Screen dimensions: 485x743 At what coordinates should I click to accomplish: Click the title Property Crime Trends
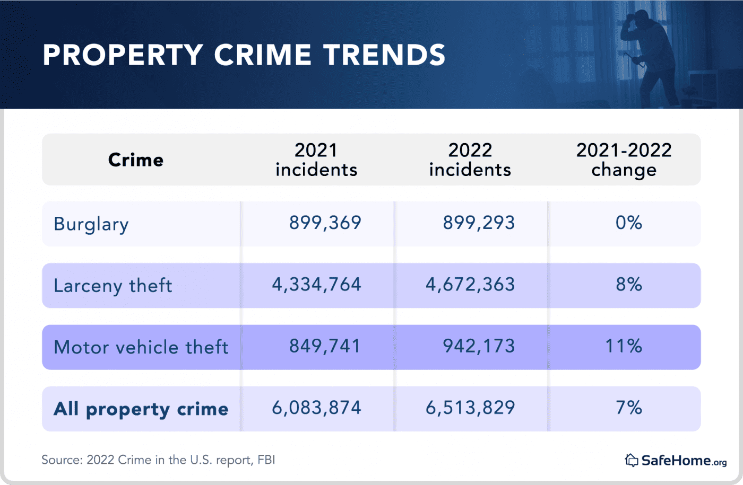tap(244, 55)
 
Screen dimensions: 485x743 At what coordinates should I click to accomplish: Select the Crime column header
tap(136, 160)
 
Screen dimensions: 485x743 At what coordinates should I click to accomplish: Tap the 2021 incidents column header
tap(316, 160)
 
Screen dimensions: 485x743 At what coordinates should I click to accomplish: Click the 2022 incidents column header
tap(470, 160)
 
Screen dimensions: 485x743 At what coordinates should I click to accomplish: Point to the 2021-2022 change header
tap(624, 160)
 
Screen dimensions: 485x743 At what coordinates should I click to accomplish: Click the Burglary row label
tap(91, 224)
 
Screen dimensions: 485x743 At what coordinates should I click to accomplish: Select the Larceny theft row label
tap(113, 286)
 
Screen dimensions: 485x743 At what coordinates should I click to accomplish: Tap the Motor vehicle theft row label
tap(141, 347)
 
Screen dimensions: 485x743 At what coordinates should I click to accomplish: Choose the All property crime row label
tap(141, 409)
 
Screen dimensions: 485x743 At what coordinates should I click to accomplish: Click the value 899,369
tap(325, 223)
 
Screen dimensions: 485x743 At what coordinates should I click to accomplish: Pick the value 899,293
tap(479, 223)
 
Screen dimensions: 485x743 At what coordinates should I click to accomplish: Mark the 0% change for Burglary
tap(629, 223)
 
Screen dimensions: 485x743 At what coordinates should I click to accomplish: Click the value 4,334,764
tap(317, 285)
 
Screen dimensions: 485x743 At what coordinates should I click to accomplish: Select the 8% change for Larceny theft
tap(629, 285)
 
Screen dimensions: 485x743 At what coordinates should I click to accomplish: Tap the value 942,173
tap(479, 346)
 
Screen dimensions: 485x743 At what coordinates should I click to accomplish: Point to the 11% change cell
tap(624, 346)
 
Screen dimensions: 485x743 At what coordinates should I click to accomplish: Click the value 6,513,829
tap(470, 408)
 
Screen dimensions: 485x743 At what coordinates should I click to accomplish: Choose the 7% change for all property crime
tap(629, 408)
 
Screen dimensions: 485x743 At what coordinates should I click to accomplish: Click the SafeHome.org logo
tap(676, 460)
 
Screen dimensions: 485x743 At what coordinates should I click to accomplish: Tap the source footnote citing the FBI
tap(158, 460)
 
